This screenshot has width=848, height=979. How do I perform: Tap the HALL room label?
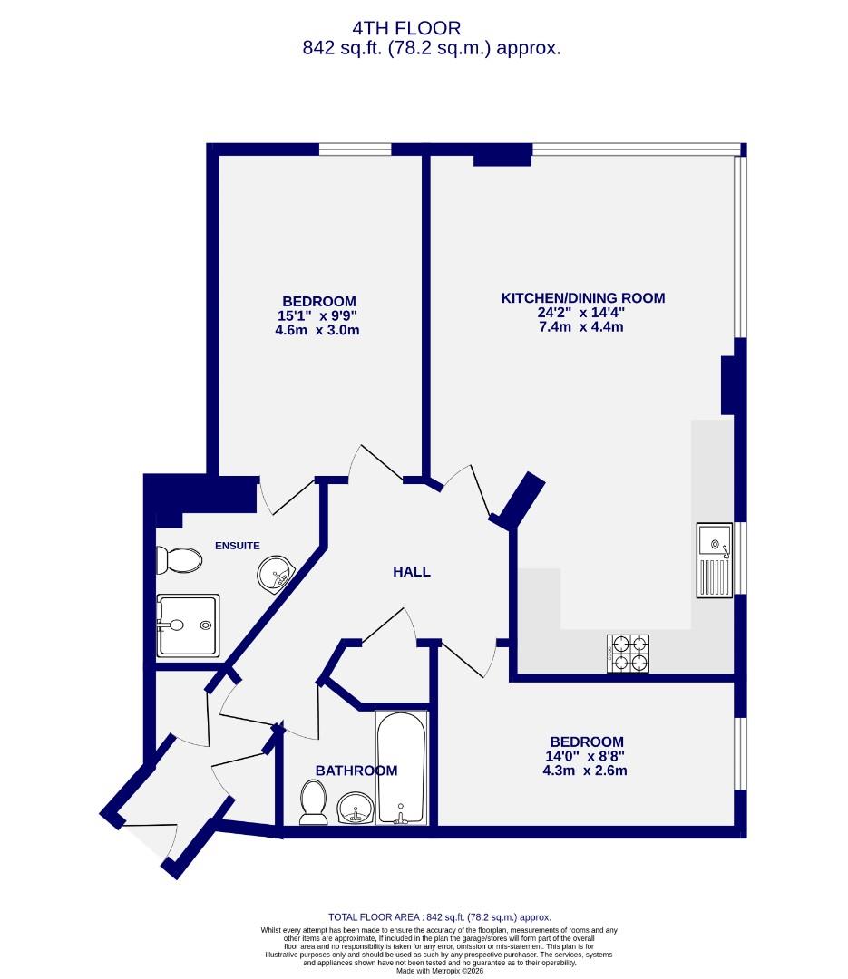pos(412,572)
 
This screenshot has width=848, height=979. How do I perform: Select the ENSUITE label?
pos(238,546)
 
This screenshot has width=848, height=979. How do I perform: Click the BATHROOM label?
pos(356,771)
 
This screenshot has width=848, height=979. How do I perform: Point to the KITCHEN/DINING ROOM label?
pos(583,297)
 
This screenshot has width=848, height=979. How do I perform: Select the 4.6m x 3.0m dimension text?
pos(318,331)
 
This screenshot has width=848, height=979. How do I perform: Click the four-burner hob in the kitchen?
pos(629,653)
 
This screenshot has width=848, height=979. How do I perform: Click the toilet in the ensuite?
pos(178,560)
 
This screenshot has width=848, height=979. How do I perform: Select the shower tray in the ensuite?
pos(188,625)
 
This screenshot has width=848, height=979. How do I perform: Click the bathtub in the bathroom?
pos(401,767)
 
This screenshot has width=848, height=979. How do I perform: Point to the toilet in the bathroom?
pos(314,803)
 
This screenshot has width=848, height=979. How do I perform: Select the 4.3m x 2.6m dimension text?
pos(586,771)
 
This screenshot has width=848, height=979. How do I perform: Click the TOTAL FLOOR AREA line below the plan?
pos(439,917)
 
